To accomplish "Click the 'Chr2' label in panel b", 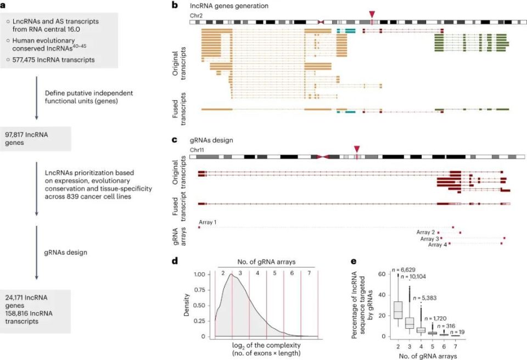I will pyautogui.click(x=198, y=15).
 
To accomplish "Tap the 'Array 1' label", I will pyautogui.click(x=208, y=222).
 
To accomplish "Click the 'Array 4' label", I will pyautogui.click(x=437, y=245).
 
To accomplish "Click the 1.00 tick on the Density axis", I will pyautogui.click(x=201, y=274).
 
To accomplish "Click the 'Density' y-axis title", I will pyautogui.click(x=188, y=305).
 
